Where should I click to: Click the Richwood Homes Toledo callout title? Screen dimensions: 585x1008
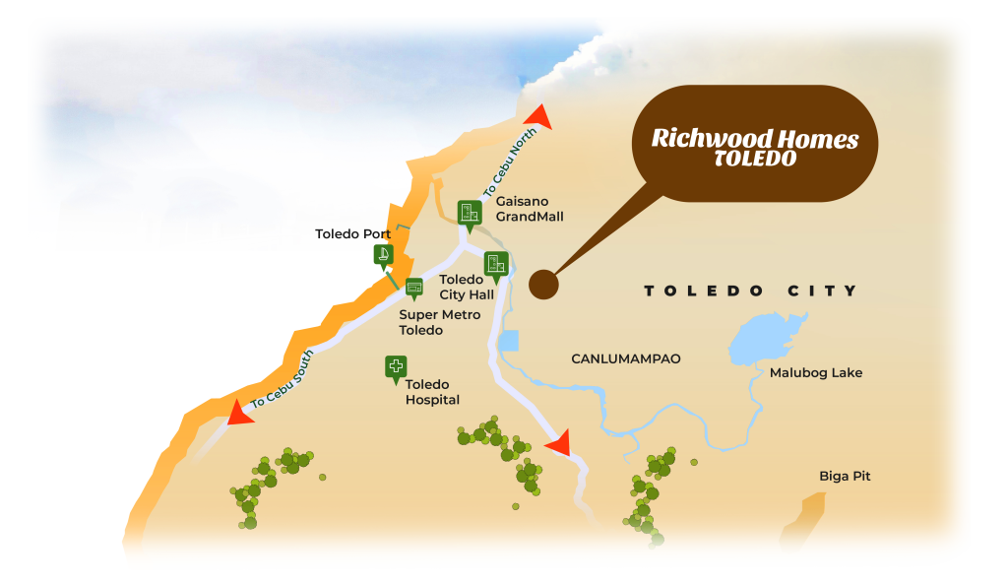coord(754,148)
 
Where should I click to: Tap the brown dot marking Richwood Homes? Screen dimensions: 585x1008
coord(543,286)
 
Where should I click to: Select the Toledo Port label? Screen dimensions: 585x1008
coord(352,234)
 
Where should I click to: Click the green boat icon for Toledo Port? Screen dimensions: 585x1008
coord(384,256)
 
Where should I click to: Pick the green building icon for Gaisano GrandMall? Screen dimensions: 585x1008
coord(470,213)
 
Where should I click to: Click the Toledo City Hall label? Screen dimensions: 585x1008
coord(467,287)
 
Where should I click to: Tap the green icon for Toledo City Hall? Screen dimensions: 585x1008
coord(496,264)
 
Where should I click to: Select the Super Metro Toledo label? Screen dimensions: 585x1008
coord(439,322)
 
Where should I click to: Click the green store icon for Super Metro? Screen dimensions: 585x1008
coord(414,287)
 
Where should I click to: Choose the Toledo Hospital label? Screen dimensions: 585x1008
coord(432,392)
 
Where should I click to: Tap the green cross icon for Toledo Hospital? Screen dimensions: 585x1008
coord(396,367)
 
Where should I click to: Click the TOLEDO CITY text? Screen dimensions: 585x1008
coord(750,291)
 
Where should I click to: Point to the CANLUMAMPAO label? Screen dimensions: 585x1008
coord(626,359)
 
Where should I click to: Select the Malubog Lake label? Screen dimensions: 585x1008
coord(815,372)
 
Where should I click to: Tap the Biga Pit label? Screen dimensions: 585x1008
coord(845,477)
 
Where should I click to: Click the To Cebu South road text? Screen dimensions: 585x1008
coord(283,379)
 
